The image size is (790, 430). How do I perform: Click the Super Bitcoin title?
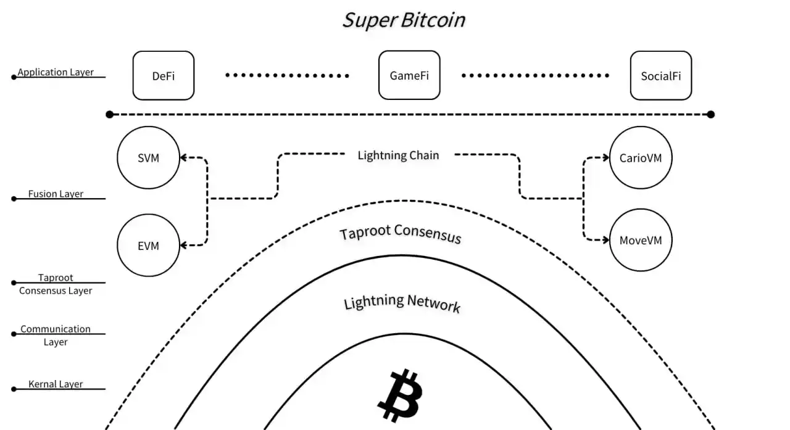click(404, 20)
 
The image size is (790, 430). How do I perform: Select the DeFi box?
click(164, 76)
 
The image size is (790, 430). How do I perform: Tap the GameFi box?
click(409, 76)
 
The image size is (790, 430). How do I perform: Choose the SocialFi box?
click(660, 76)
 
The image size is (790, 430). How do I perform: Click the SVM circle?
click(148, 158)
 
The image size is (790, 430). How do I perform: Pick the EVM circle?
click(148, 246)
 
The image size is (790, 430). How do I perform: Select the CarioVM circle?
click(640, 158)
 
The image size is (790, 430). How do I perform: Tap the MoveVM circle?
click(640, 240)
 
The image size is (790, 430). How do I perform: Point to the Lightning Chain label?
click(398, 155)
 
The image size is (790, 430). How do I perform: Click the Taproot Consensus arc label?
click(401, 233)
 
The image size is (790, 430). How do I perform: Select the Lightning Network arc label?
click(402, 302)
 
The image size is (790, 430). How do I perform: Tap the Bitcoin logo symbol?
click(399, 395)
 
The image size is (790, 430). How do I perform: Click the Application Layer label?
click(56, 72)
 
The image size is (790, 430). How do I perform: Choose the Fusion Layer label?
click(56, 194)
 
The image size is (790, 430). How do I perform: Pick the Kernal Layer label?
click(56, 384)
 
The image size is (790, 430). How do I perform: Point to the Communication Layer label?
click(56, 335)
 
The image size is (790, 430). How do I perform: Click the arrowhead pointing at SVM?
click(184, 158)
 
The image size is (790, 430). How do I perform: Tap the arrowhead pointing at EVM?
click(184, 246)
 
